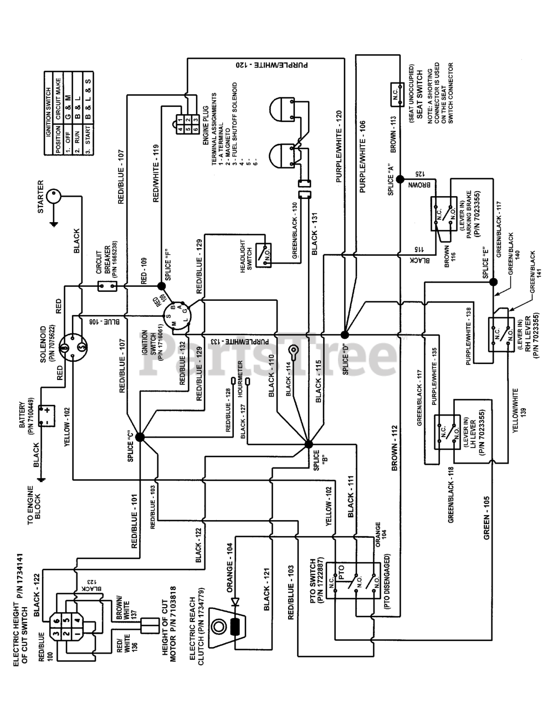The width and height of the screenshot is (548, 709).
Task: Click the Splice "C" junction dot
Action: click(x=139, y=437)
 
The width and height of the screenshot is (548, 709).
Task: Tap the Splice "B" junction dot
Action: click(x=309, y=443)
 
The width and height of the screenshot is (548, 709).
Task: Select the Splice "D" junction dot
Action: click(x=345, y=335)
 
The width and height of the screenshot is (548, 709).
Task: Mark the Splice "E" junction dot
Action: click(x=492, y=282)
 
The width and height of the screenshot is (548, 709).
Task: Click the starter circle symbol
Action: click(x=54, y=196)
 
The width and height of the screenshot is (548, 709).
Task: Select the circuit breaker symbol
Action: click(x=107, y=286)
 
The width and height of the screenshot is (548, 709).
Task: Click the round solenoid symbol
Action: click(x=72, y=348)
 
